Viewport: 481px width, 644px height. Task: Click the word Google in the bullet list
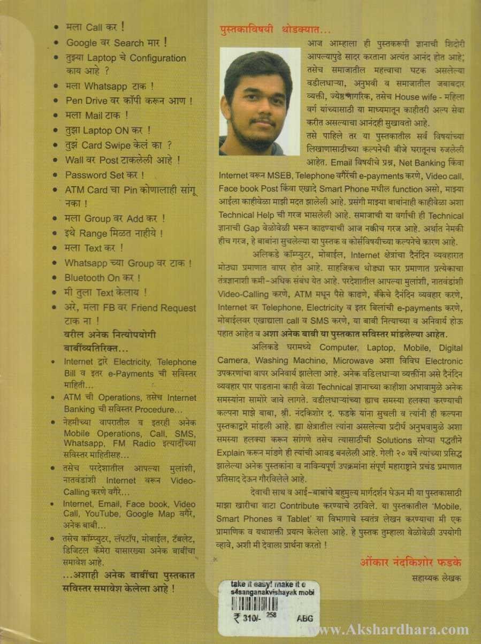click(x=82, y=42)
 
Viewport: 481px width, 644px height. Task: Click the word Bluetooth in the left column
click(x=85, y=278)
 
